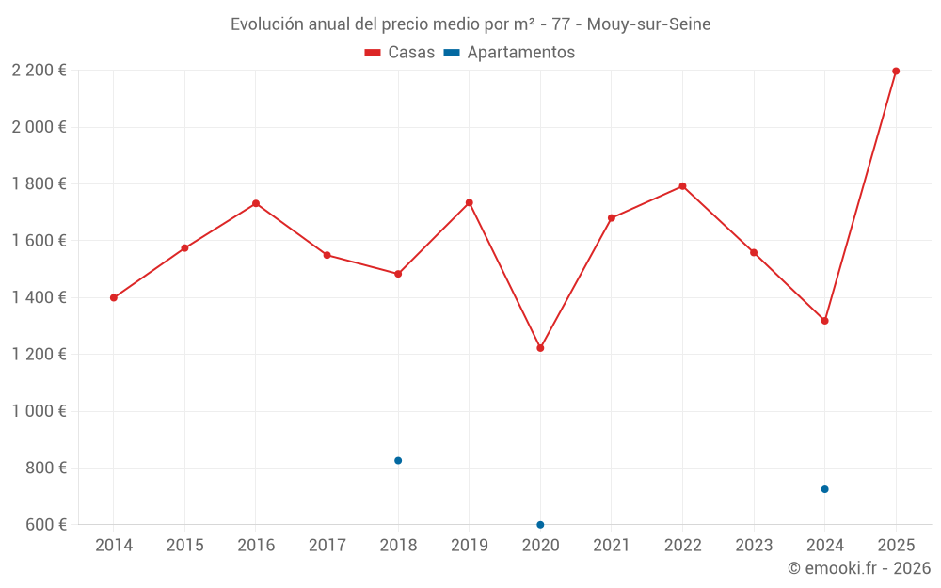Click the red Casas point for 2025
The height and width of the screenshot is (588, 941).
(896, 72)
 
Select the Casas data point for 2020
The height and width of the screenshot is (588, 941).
(540, 348)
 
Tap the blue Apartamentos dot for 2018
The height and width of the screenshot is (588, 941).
(398, 460)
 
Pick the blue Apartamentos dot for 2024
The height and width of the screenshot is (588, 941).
(824, 489)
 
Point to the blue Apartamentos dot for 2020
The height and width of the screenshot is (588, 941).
(540, 524)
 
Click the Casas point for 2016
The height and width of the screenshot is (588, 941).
(256, 203)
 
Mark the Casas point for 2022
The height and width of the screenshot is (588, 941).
(682, 186)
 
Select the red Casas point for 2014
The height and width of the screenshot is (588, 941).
(114, 297)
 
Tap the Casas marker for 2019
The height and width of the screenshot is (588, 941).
(469, 202)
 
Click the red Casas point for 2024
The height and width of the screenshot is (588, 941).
(824, 321)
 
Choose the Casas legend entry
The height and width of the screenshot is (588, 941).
(400, 53)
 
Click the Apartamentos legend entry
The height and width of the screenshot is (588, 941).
(509, 53)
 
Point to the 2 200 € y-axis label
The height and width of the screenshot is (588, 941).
(39, 71)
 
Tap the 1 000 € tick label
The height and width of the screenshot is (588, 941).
(39, 411)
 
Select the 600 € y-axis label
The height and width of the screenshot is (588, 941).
(45, 524)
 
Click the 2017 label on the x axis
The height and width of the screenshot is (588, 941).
(327, 545)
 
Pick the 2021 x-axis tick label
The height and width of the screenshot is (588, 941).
(612, 545)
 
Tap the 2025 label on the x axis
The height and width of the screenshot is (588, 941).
(896, 545)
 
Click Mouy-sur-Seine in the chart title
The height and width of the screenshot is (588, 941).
(648, 24)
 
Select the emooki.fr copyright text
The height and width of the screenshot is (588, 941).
(858, 568)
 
